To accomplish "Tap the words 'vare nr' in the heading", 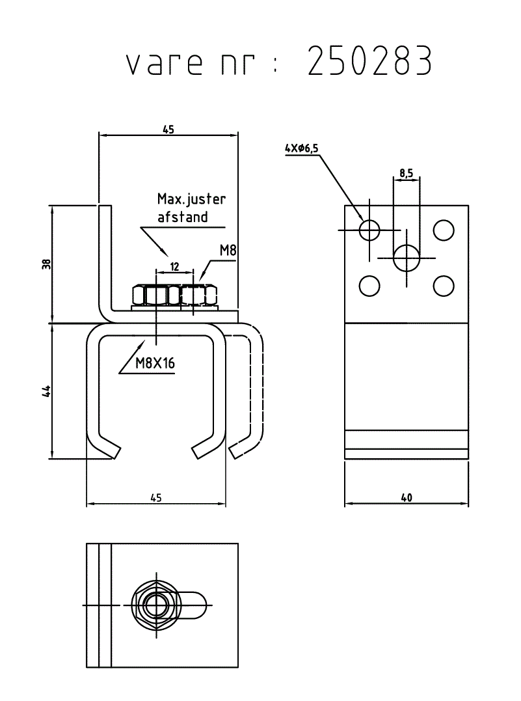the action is (x=191, y=63).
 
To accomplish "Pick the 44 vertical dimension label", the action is (x=47, y=391).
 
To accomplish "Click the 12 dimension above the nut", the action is (x=175, y=267).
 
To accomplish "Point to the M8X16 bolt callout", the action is (x=155, y=363).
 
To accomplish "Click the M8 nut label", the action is (x=228, y=251).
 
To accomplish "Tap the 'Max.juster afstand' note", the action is (x=191, y=208).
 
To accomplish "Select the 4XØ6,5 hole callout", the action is (x=302, y=148).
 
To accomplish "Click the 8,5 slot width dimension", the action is (x=406, y=172).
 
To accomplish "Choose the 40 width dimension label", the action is (x=407, y=497).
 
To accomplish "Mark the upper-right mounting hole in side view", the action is (x=444, y=230).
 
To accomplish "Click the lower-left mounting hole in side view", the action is (x=369, y=286).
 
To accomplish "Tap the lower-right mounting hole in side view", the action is (x=444, y=286).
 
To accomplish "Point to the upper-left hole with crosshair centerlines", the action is (x=369, y=230).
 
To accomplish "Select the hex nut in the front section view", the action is (x=175, y=295).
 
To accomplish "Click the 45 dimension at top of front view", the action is (x=168, y=130).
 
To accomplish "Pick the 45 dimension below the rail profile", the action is (x=156, y=497).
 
